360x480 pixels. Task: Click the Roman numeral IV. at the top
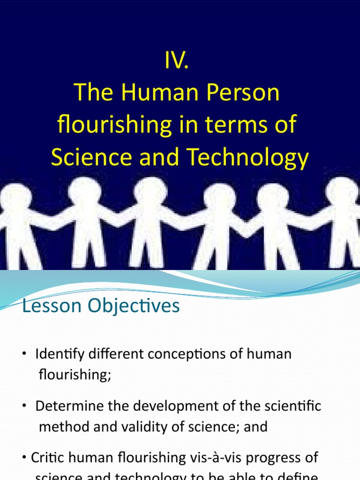click(x=177, y=61)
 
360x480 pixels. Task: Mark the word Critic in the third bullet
click(x=45, y=457)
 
